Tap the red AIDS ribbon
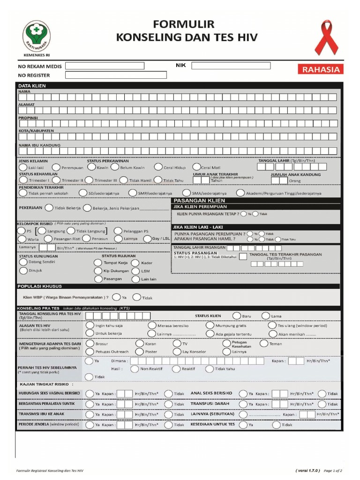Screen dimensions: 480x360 click(x=326, y=37)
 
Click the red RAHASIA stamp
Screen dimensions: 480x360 click(x=321, y=70)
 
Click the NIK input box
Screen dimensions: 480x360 click(x=231, y=66)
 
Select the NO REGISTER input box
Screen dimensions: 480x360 click(x=116, y=75)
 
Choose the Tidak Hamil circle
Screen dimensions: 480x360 click(x=123, y=180)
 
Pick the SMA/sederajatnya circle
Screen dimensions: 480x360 click(x=186, y=193)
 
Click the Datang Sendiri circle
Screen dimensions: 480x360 click(x=23, y=262)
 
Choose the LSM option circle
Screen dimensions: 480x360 click(x=135, y=270)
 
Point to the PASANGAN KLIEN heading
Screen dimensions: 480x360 click(x=193, y=200)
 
